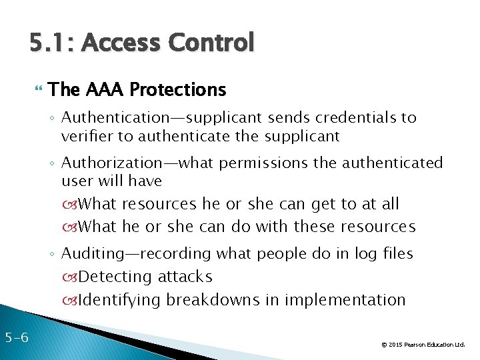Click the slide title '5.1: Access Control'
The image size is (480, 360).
(x=142, y=43)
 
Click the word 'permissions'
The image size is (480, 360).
(x=266, y=163)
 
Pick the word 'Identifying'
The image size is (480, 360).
(x=119, y=300)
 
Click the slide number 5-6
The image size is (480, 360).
(x=15, y=337)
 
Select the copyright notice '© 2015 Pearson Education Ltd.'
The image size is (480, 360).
(x=423, y=345)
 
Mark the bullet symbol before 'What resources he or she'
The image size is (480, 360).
(x=71, y=204)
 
